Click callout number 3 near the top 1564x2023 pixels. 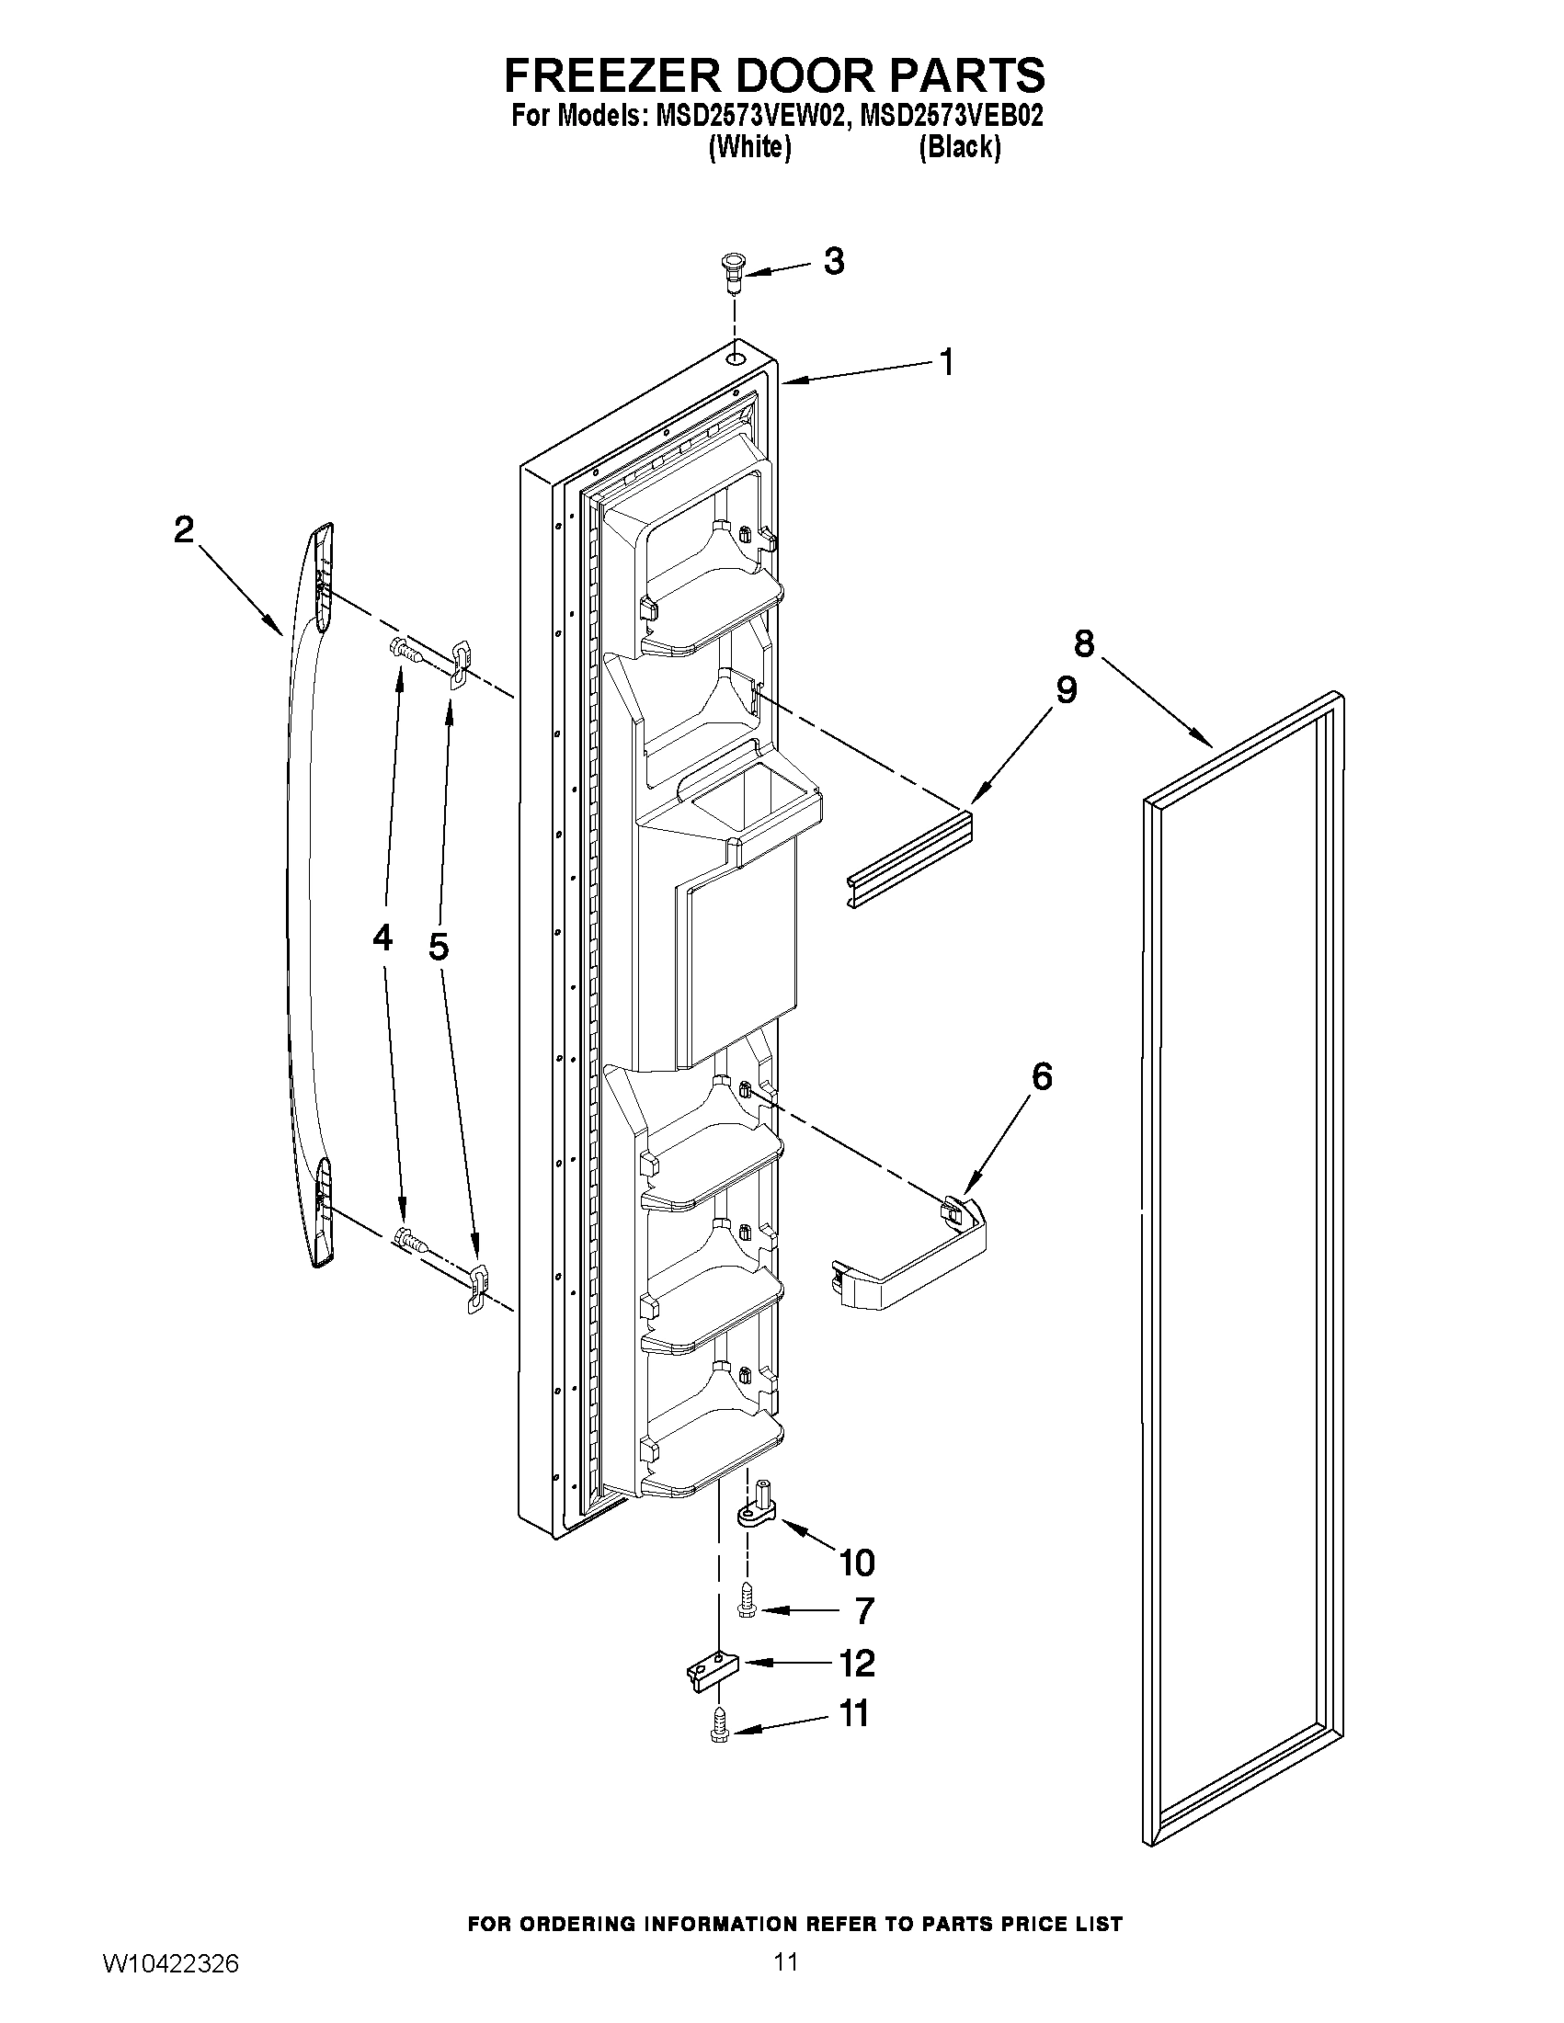[833, 262]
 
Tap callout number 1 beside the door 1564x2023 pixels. [946, 362]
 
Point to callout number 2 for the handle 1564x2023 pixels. [184, 529]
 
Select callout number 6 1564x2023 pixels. [1042, 1076]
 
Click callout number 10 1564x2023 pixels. [856, 1563]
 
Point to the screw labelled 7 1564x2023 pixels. [748, 1610]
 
